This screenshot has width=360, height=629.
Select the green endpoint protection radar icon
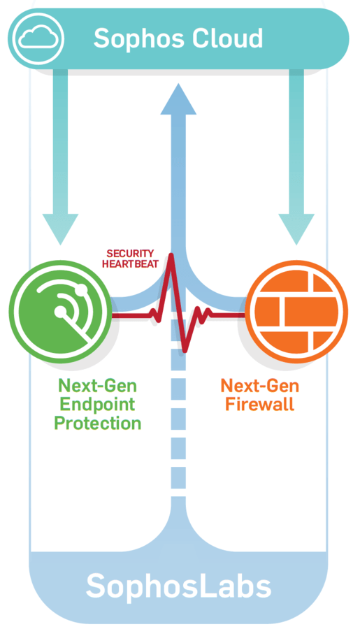(61, 311)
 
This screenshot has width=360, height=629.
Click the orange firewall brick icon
(296, 311)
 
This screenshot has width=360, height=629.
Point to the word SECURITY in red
(130, 254)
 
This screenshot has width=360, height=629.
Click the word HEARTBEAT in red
(130, 264)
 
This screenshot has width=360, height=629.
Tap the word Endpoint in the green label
(98, 405)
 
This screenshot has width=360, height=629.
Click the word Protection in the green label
(98, 424)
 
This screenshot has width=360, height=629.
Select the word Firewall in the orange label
(259, 403)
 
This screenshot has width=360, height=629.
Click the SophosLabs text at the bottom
(178, 587)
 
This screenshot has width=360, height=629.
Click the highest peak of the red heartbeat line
(171, 254)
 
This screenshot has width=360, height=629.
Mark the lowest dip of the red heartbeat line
(185, 352)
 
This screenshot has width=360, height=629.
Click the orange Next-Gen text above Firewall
(259, 386)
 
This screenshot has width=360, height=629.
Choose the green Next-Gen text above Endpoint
(98, 386)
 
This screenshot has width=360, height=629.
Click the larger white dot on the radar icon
(61, 311)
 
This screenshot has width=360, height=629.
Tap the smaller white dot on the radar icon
(82, 288)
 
